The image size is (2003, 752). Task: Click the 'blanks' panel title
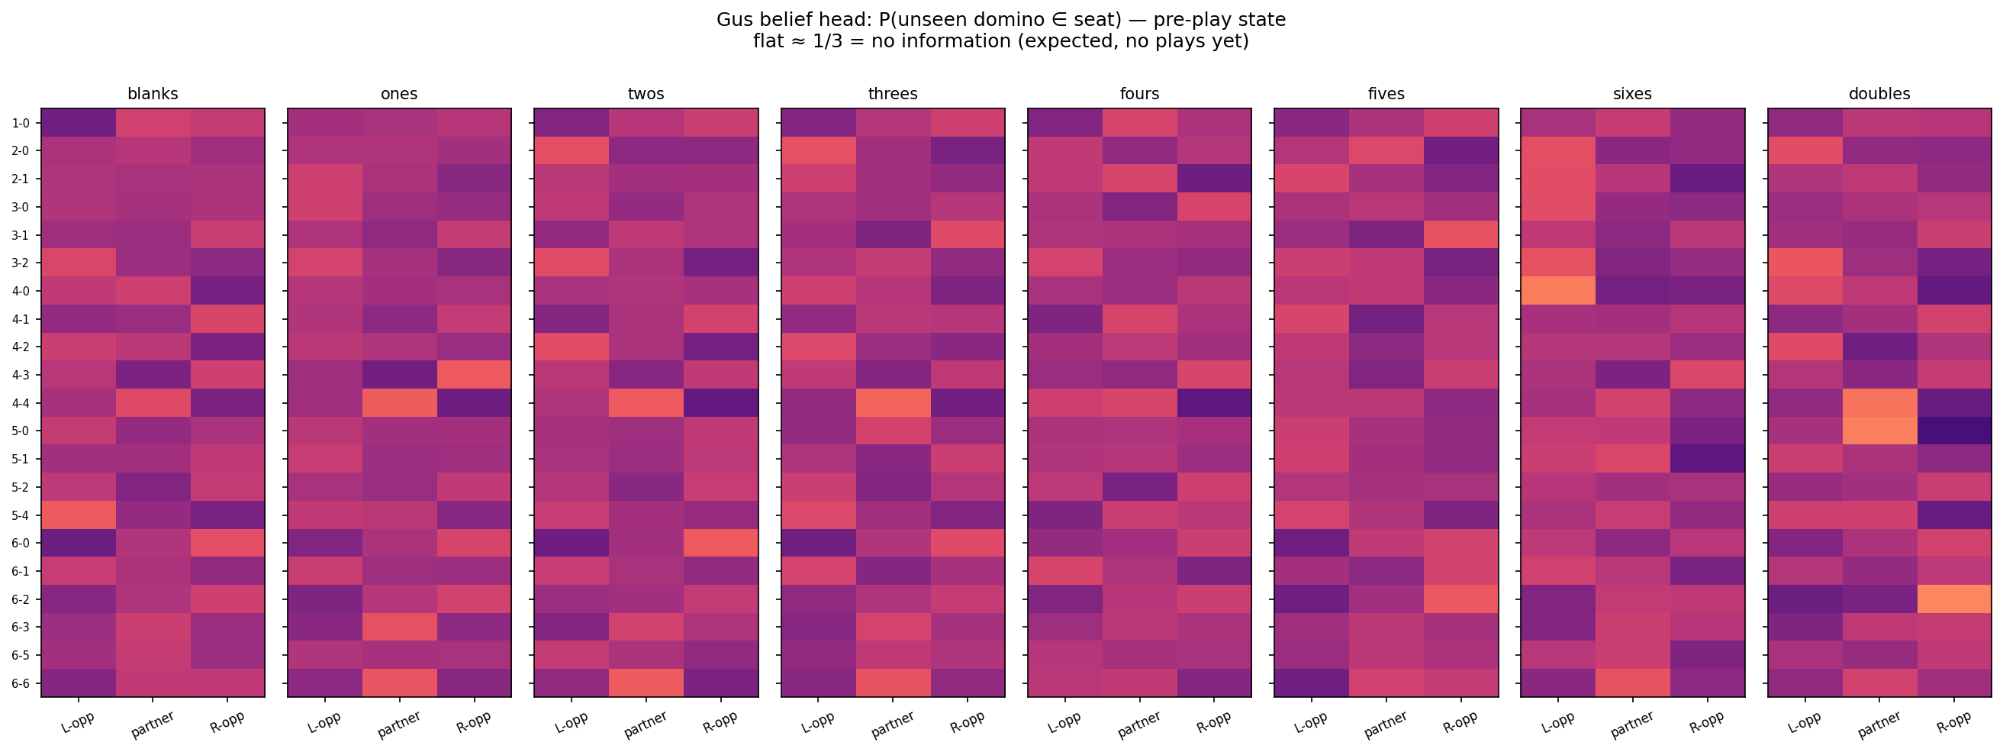pyautogui.click(x=153, y=94)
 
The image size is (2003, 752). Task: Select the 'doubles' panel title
pyautogui.click(x=1879, y=94)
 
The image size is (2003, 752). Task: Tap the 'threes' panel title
pyautogui.click(x=893, y=94)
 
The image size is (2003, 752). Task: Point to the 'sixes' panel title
pyautogui.click(x=1632, y=94)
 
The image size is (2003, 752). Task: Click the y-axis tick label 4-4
pyautogui.click(x=20, y=403)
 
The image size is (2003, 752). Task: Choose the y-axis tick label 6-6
pyautogui.click(x=20, y=683)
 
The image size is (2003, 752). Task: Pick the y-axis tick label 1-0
pyautogui.click(x=20, y=123)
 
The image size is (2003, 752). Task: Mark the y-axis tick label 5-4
pyautogui.click(x=20, y=515)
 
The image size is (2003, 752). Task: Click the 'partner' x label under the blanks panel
pyautogui.click(x=153, y=724)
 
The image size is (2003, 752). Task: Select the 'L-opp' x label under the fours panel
pyautogui.click(x=1064, y=722)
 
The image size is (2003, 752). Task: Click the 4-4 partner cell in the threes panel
pyautogui.click(x=893, y=403)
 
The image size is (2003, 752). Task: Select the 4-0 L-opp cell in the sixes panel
pyautogui.click(x=1557, y=291)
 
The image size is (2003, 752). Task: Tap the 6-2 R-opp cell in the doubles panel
pyautogui.click(x=1953, y=599)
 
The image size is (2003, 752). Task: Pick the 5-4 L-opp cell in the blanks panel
pyautogui.click(x=79, y=515)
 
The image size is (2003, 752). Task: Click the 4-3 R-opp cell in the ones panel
pyautogui.click(x=474, y=375)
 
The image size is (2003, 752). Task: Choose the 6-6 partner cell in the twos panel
pyautogui.click(x=646, y=683)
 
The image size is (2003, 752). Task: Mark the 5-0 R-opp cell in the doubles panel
pyautogui.click(x=1953, y=431)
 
